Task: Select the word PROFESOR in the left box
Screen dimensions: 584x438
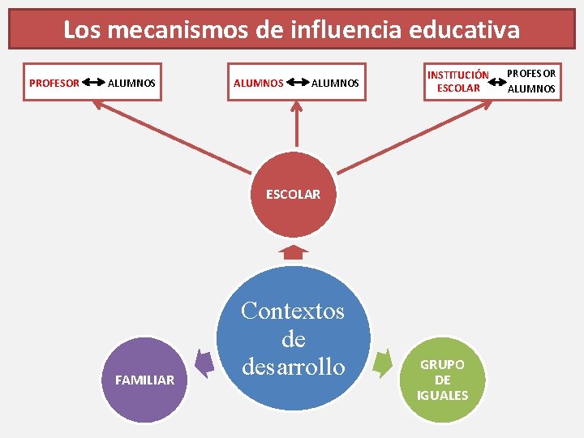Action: click(54, 83)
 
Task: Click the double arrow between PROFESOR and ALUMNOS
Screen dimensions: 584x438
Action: click(93, 83)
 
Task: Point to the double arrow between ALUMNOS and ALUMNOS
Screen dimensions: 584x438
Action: click(298, 83)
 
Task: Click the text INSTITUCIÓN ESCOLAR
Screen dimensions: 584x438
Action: click(458, 82)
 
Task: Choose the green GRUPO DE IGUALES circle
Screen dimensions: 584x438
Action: click(442, 380)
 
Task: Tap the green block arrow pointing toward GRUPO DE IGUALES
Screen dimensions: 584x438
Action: click(382, 363)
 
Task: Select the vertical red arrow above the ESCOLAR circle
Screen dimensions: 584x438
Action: click(297, 130)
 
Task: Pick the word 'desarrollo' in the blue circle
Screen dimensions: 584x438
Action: click(293, 367)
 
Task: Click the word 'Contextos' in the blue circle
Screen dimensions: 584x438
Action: click(293, 311)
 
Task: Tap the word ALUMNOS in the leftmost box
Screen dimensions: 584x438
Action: click(131, 83)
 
